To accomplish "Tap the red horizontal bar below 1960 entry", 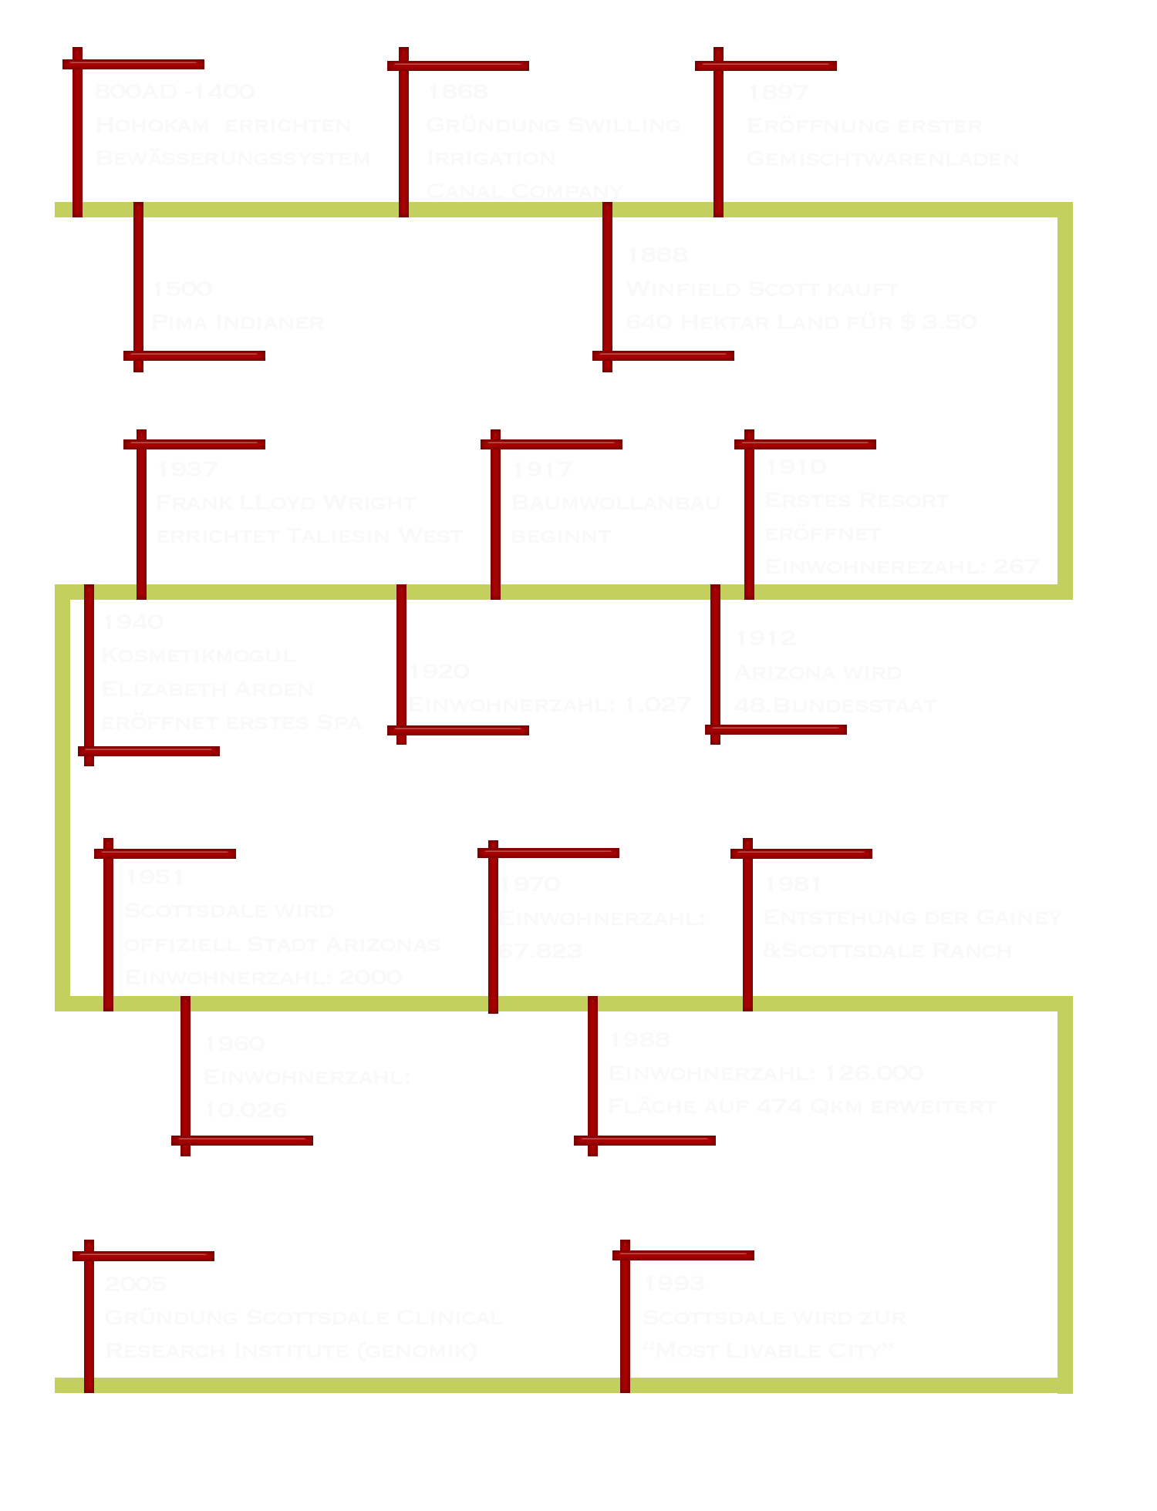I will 242,1140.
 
